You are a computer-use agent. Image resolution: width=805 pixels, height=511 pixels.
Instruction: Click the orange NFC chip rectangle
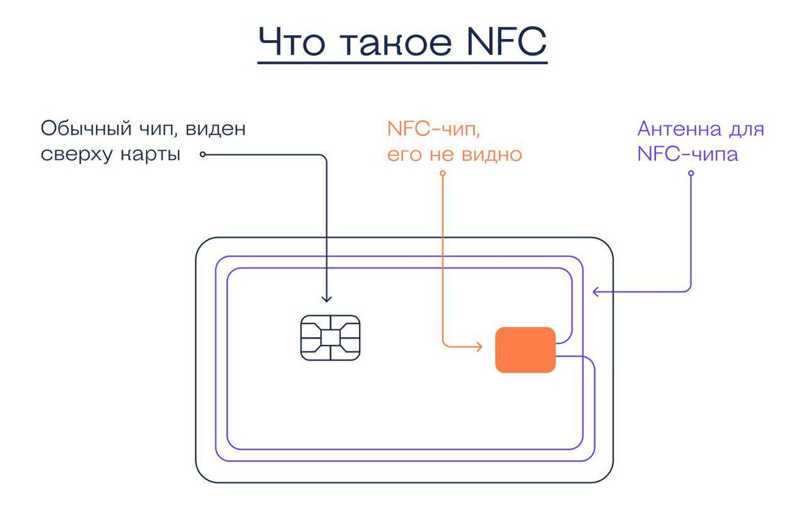click(x=525, y=349)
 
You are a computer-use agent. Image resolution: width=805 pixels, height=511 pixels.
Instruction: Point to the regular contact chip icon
click(x=329, y=337)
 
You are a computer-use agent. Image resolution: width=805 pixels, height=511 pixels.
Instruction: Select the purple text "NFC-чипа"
click(x=688, y=154)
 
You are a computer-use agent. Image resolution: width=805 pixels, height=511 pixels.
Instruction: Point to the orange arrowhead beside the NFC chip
click(x=478, y=347)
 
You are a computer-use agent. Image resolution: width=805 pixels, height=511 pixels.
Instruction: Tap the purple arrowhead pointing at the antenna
click(x=595, y=291)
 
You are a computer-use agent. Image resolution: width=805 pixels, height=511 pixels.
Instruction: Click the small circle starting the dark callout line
click(x=203, y=155)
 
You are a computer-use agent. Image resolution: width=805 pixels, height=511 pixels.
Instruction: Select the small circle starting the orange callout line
click(x=443, y=174)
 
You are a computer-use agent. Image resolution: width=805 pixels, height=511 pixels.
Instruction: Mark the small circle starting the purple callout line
click(x=690, y=174)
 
